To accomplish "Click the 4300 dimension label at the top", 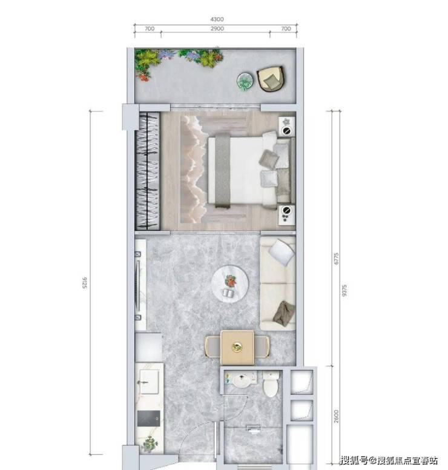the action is (x=217, y=19).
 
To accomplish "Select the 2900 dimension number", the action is (x=217, y=28).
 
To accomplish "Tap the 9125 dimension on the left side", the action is (x=85, y=283).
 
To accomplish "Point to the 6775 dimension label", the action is (x=336, y=259).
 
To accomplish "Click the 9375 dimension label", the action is (x=344, y=291).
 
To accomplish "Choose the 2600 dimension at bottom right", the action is (x=336, y=416).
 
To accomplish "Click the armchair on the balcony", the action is (x=271, y=79).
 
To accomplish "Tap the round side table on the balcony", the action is (x=245, y=82).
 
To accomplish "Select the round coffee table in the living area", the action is (x=230, y=284).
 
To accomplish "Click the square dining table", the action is (x=237, y=348).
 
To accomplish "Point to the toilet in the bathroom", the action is (x=270, y=384).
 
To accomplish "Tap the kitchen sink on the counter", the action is (x=149, y=382).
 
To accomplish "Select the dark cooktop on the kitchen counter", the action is (x=149, y=418).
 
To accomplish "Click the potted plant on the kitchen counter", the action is (x=150, y=443).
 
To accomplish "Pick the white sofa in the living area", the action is (x=277, y=283).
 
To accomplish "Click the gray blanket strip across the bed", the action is (x=223, y=171).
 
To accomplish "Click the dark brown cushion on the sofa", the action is (x=284, y=314).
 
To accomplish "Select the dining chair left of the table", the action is (x=212, y=347).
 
